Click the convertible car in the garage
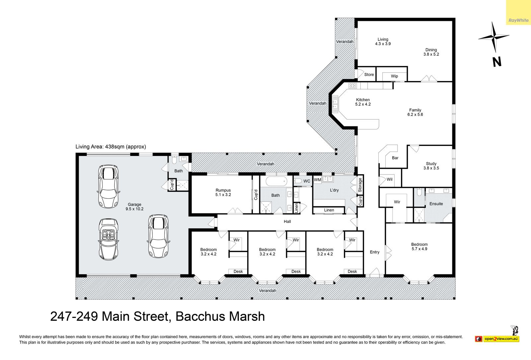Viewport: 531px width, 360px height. tap(108, 239)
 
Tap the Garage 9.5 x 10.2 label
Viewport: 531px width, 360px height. tap(134, 207)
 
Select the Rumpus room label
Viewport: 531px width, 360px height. tap(223, 192)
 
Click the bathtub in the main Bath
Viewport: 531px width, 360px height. tap(276, 182)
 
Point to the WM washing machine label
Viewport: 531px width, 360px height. tap(317, 180)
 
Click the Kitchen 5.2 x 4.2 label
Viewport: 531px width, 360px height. tap(363, 102)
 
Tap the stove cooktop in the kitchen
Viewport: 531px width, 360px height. tap(352, 86)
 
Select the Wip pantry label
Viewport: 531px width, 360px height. tap(395, 76)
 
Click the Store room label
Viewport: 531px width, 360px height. tap(369, 75)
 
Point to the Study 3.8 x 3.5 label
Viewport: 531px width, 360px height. tap(431, 166)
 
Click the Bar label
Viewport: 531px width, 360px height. tap(395, 158)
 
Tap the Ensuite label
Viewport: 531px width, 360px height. tap(436, 204)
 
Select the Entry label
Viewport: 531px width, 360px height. tap(375, 252)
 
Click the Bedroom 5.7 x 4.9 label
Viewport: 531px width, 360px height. tap(419, 247)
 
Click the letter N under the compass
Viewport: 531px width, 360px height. tap(497, 62)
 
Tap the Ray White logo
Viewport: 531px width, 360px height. tap(519, 20)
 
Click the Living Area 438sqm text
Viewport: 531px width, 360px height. tap(111, 147)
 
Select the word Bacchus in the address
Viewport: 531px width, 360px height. tap(196, 317)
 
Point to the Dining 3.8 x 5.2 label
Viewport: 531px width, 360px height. tap(431, 52)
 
